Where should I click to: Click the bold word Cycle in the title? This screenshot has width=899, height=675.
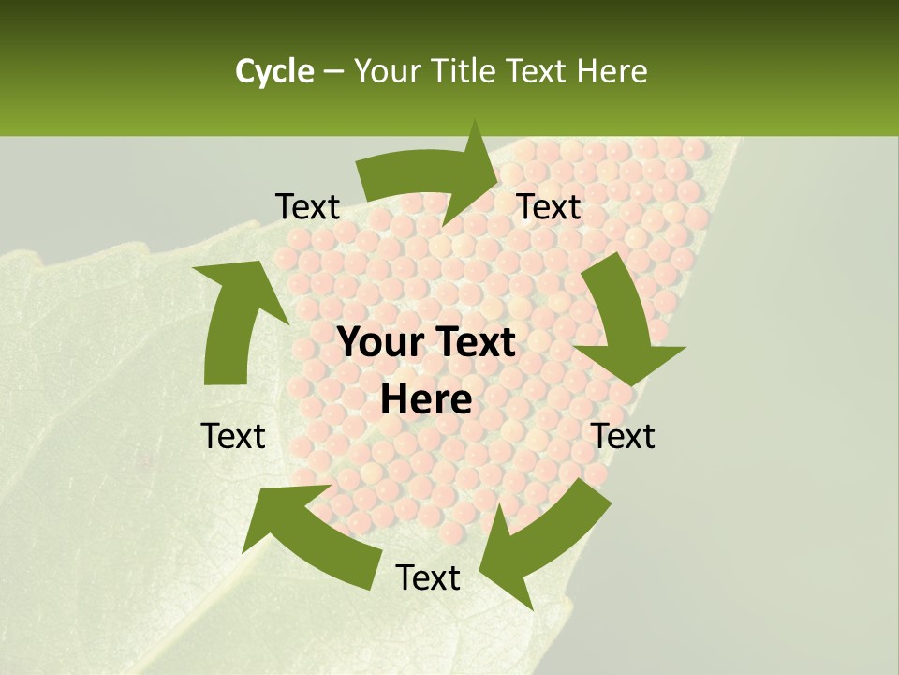[274, 71]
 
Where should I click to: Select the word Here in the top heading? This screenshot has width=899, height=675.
[612, 71]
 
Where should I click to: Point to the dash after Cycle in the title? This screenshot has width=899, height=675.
[333, 71]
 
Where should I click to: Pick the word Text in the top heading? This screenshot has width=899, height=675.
[538, 71]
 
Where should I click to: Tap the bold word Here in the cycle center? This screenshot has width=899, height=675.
[426, 400]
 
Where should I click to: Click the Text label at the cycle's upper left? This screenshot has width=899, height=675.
[307, 207]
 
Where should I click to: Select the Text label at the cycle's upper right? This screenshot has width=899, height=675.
[549, 207]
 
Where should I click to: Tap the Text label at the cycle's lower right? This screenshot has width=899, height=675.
[623, 436]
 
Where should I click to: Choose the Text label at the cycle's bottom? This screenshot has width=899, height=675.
[428, 577]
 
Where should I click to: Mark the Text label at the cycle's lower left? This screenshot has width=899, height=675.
[233, 436]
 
